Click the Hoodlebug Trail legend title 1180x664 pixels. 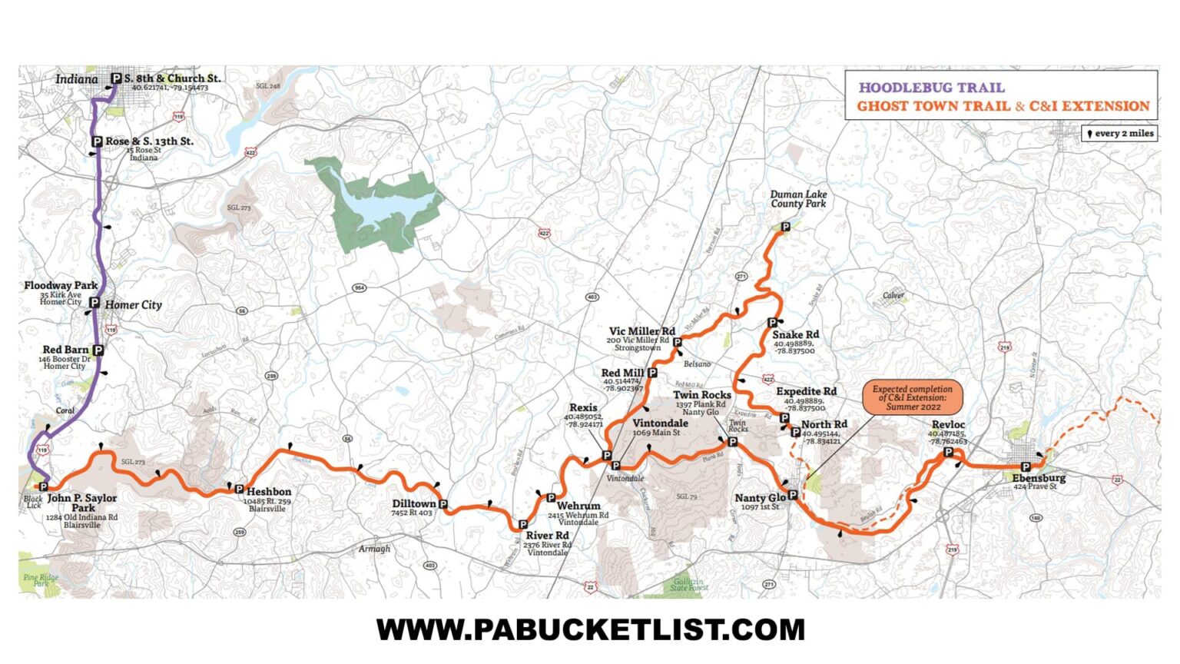tap(931, 88)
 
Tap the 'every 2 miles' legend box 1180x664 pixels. tap(1119, 134)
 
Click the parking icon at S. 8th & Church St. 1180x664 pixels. tap(116, 78)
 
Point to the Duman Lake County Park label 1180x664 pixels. tap(798, 199)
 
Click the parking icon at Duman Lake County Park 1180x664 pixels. tap(785, 227)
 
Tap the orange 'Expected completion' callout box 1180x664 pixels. tap(912, 397)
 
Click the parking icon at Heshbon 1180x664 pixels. tap(239, 489)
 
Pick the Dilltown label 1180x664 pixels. tap(413, 504)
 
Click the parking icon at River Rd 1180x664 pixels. tap(522, 525)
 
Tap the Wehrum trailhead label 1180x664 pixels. tap(578, 506)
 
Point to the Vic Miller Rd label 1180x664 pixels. tap(641, 331)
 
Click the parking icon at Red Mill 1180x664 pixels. tap(652, 373)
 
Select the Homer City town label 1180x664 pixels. tap(133, 305)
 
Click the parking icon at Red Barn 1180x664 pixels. tap(98, 350)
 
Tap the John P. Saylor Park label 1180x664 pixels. tap(82, 503)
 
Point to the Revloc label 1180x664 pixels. tap(948, 425)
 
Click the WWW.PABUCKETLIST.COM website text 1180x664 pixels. tap(590, 630)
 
